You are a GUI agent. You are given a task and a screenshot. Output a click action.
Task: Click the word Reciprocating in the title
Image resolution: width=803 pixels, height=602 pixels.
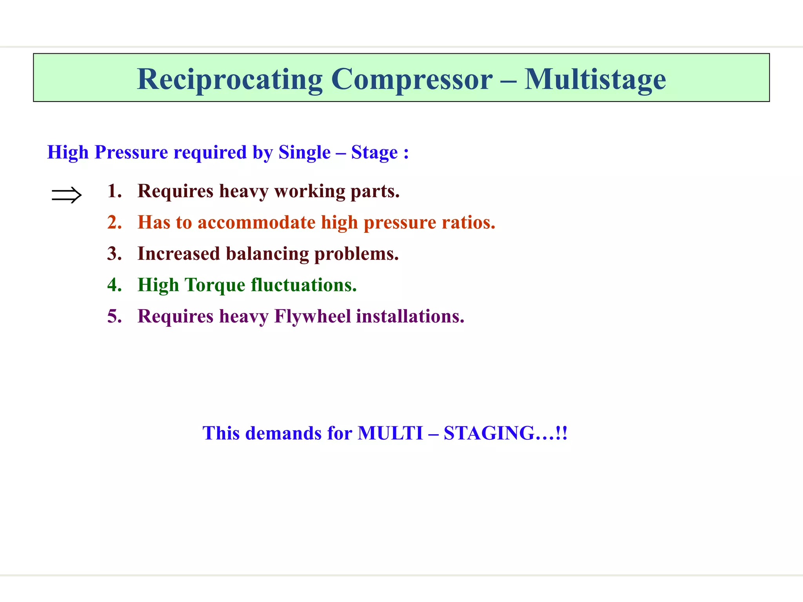(x=229, y=80)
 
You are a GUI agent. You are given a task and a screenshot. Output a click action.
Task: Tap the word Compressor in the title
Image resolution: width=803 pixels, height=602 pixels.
(x=412, y=80)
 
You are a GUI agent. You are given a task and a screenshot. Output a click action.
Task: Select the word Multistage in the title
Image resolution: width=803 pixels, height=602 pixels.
(x=595, y=80)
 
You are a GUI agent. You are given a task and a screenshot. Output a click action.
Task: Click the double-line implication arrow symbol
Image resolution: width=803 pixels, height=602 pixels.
(x=66, y=195)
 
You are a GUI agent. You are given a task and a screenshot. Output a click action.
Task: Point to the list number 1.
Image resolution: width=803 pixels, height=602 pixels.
(x=114, y=191)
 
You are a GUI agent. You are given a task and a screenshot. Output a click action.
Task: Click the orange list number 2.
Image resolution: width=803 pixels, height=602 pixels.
(x=114, y=223)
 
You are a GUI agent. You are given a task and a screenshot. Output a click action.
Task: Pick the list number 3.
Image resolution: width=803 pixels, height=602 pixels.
(x=114, y=254)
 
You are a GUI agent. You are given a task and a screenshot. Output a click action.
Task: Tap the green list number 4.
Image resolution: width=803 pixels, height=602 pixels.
(x=114, y=285)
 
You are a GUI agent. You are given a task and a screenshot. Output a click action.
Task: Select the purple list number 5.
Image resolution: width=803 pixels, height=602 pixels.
(x=114, y=316)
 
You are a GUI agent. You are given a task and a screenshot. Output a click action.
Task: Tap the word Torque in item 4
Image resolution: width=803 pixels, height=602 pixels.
(x=214, y=285)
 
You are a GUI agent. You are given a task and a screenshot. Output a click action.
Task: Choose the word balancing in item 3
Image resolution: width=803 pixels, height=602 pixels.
(x=267, y=254)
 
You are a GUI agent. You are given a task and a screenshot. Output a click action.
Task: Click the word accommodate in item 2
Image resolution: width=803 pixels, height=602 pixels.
(x=256, y=223)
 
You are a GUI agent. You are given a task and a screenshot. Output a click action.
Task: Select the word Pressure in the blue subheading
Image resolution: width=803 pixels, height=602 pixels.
(x=131, y=152)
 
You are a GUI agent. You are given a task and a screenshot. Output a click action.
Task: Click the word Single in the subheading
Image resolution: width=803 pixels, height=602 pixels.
(x=304, y=152)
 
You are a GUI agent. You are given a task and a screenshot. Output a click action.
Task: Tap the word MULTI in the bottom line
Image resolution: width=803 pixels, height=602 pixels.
(x=390, y=433)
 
